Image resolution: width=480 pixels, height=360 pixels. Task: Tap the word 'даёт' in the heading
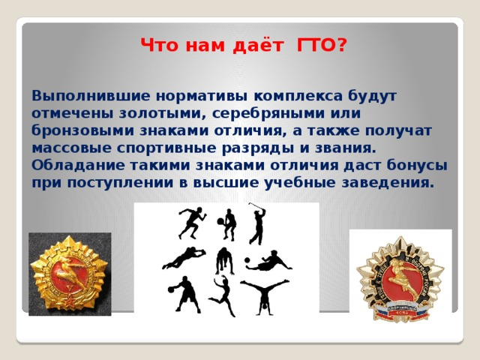click(x=258, y=46)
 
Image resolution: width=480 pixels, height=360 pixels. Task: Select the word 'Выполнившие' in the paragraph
click(x=91, y=96)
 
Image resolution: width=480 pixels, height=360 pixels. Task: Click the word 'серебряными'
click(x=268, y=113)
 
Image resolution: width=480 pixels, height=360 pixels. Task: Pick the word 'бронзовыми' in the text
click(x=82, y=130)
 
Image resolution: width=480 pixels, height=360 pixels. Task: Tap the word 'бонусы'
click(x=417, y=166)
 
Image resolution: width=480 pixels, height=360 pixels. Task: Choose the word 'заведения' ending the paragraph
click(x=388, y=183)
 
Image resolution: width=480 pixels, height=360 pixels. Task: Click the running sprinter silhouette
click(x=191, y=223)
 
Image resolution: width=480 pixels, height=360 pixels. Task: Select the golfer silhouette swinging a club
click(x=257, y=223)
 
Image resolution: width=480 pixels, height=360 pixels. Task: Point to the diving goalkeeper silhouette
click(x=184, y=258)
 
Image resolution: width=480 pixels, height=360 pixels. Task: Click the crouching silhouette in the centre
click(x=225, y=261)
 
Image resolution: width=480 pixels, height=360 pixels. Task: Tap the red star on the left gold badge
click(x=71, y=298)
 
